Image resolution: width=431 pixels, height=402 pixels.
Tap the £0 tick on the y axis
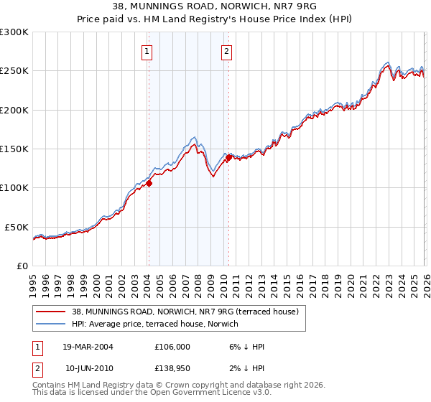coord(22,266)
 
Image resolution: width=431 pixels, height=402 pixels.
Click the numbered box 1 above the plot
coord(147,51)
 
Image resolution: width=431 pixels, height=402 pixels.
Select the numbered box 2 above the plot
coord(226,51)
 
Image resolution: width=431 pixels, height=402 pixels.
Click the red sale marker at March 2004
coord(149,183)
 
